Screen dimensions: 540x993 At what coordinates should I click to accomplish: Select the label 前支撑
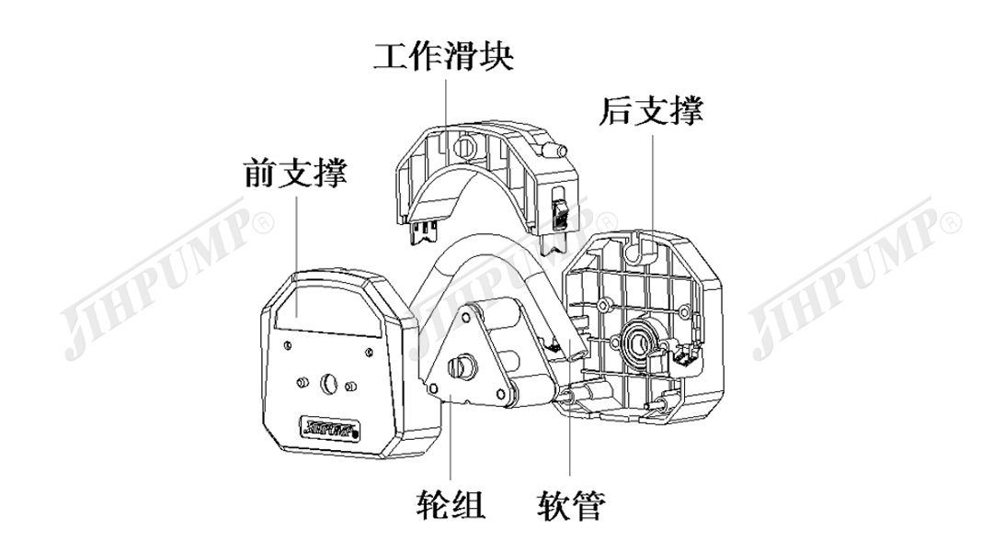(295, 172)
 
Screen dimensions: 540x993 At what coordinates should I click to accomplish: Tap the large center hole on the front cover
(330, 380)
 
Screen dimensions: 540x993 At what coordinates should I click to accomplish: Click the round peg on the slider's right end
(554, 150)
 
